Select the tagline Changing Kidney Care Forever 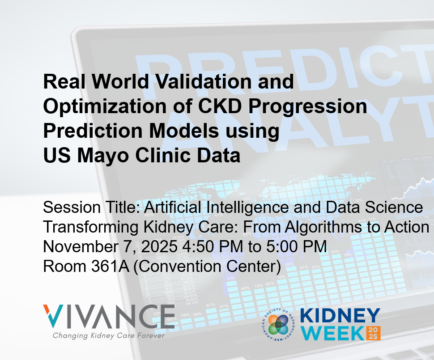(109, 335)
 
